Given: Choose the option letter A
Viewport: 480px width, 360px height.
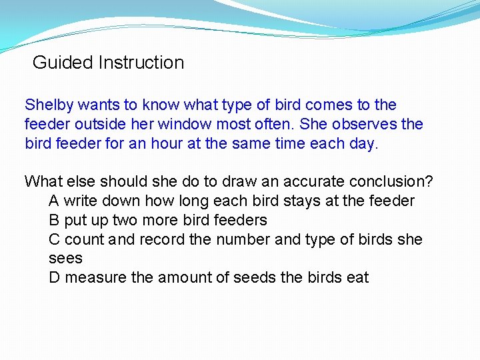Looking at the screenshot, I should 54,201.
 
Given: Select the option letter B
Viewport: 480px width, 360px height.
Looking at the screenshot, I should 54,220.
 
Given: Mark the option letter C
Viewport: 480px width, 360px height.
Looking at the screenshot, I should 55,239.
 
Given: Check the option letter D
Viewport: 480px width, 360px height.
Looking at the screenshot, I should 55,277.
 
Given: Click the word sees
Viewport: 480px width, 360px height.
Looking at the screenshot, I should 65,259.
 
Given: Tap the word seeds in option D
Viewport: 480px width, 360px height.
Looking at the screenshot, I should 256,277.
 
